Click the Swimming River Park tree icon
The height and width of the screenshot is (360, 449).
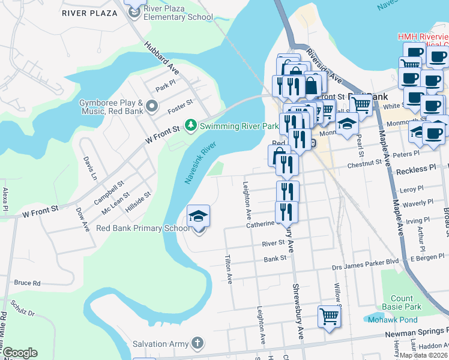[191, 125]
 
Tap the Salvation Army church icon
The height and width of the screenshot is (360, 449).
[197, 343]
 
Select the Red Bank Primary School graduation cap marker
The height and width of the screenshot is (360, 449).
[199, 217]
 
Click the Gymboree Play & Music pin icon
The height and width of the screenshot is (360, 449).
[152, 107]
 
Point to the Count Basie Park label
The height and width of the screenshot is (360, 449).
[402, 303]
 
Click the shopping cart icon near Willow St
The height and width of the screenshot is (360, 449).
[329, 316]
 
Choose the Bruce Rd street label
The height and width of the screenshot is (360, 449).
[27, 283]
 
